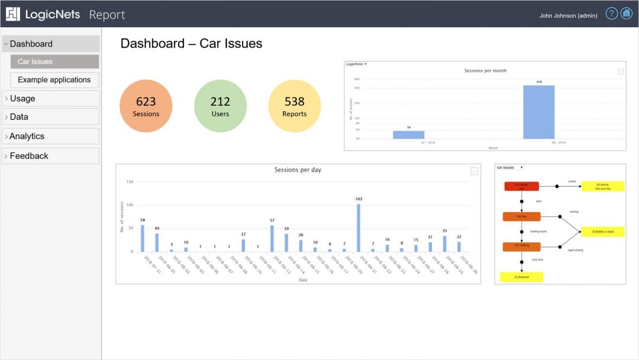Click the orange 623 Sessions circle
[x=146, y=106]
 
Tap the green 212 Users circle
[x=220, y=106]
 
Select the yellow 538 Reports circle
[x=295, y=106]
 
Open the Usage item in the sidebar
[x=50, y=98]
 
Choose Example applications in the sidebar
[x=54, y=80]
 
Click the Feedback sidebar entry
[x=50, y=156]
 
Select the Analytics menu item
[x=50, y=136]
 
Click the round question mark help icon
[x=612, y=14]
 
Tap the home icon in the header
[x=627, y=14]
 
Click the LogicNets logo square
[x=13, y=14]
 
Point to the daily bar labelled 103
[x=359, y=228]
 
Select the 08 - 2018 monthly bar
[x=538, y=112]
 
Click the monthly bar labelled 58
[x=409, y=134]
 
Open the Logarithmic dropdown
[x=356, y=64]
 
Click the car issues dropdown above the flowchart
[x=509, y=168]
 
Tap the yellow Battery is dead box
[x=602, y=232]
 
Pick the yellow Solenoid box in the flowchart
[x=521, y=277]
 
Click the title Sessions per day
[x=298, y=170]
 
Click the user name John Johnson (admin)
[x=568, y=15]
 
